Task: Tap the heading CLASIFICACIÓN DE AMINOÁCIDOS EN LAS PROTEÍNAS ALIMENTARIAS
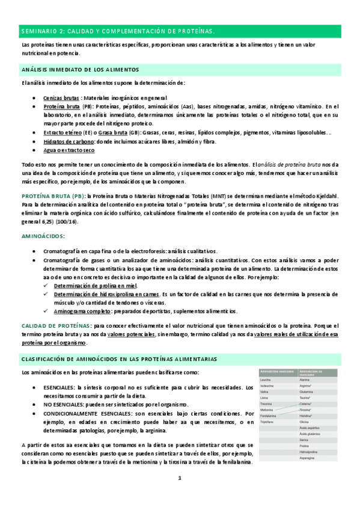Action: (119, 359)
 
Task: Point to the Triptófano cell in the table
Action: (271, 423)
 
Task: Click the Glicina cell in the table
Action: (306, 423)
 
